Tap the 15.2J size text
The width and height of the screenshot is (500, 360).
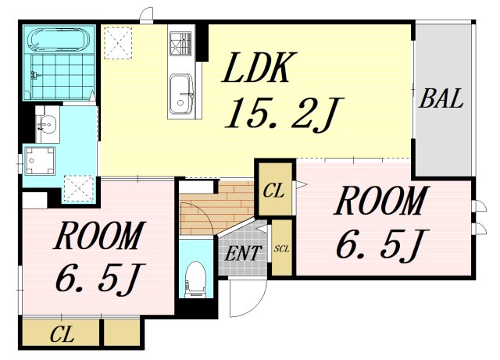pyautogui.click(x=284, y=113)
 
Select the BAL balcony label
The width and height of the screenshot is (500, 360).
pyautogui.click(x=441, y=98)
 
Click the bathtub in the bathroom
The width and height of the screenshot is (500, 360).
pyautogui.click(x=59, y=40)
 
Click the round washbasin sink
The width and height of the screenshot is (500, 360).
pyautogui.click(x=48, y=123)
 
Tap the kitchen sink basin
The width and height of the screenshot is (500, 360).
pyautogui.click(x=181, y=94)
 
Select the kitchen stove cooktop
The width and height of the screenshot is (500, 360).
pyautogui.click(x=180, y=43)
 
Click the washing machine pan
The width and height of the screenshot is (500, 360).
pyautogui.click(x=40, y=161)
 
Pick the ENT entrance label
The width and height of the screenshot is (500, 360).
pyautogui.click(x=243, y=254)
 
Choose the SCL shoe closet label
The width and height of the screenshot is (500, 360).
pyautogui.click(x=281, y=248)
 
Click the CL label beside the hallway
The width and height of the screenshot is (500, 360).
pyautogui.click(x=274, y=191)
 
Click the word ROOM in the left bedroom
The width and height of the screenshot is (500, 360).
pyautogui.click(x=98, y=236)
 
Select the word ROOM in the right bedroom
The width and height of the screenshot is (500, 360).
pyautogui.click(x=381, y=201)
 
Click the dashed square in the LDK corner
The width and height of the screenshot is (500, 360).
pyautogui.click(x=118, y=43)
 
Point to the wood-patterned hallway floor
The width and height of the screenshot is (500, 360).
pyautogui.click(x=217, y=208)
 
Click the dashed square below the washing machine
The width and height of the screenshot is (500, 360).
pyautogui.click(x=79, y=188)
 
